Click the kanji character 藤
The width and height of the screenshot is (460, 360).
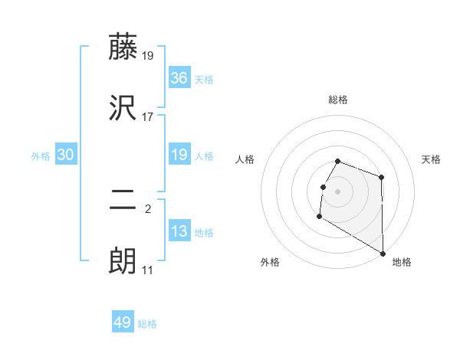[x=123, y=47]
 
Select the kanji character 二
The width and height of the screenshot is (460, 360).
[x=123, y=201]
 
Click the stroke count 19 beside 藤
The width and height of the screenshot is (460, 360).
[x=148, y=55]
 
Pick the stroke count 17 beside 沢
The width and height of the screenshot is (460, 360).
[x=148, y=116]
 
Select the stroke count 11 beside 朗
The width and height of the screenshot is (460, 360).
[x=148, y=270]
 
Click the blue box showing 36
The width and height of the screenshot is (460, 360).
[x=179, y=78]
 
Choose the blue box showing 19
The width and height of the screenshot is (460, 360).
[x=179, y=155]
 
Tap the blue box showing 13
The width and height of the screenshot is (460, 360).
[x=179, y=231]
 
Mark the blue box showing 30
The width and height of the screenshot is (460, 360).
[x=66, y=155]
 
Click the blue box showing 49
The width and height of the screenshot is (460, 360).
[x=123, y=322]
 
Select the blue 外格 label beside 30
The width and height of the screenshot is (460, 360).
[x=41, y=156]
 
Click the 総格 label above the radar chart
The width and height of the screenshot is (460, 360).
[x=338, y=100]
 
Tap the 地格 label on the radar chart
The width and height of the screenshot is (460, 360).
[x=402, y=262]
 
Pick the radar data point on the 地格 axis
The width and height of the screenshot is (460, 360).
[x=383, y=254]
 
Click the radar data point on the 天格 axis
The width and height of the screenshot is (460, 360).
[x=382, y=178]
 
